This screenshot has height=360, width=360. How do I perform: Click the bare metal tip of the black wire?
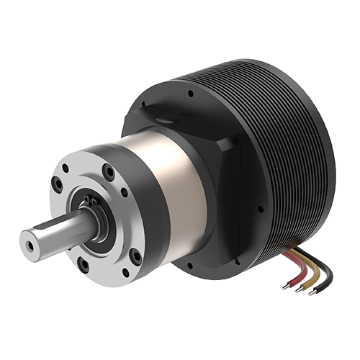pos(312,294)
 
